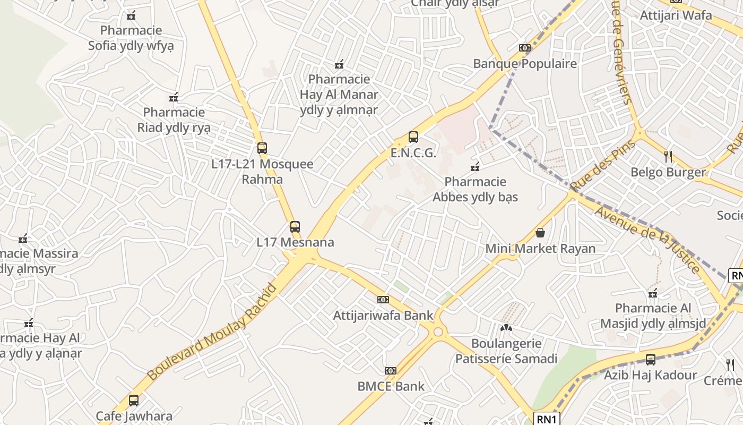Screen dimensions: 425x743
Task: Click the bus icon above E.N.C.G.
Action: [x=413, y=137]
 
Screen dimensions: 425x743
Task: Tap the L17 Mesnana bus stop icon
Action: [x=295, y=227]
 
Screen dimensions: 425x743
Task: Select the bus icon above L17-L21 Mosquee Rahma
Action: [x=262, y=148]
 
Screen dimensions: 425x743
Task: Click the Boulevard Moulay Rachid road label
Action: [x=212, y=332]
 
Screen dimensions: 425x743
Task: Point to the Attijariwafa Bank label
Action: [x=383, y=315]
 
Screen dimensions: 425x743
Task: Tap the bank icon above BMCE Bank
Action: [x=391, y=370]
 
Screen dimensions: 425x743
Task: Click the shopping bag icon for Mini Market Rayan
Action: [x=540, y=233]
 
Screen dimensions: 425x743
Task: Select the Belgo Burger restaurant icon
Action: [x=668, y=157]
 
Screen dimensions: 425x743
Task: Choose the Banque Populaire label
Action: [x=525, y=64]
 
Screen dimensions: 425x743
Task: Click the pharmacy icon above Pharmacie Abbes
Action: [x=475, y=167]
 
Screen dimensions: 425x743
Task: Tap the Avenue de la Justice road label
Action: [x=647, y=239]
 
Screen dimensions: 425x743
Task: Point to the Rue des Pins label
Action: [x=603, y=166]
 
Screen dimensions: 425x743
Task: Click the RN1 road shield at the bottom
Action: [x=546, y=419]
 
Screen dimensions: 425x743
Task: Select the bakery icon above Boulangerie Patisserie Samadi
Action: [x=506, y=328]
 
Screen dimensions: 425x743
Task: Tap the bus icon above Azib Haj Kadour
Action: [x=651, y=360]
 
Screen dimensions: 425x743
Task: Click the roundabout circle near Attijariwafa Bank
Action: [x=438, y=332]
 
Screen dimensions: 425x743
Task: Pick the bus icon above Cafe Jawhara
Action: [x=134, y=400]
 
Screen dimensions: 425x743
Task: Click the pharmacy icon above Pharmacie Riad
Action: [x=174, y=97]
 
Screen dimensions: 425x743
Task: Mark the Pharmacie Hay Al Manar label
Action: [x=339, y=95]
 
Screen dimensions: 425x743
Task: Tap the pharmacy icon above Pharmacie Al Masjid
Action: [x=653, y=293]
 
